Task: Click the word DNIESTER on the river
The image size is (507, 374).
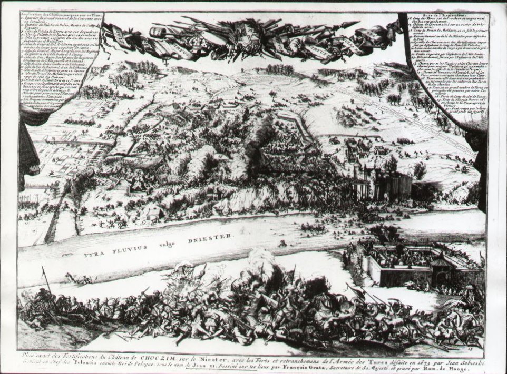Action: tap(211, 237)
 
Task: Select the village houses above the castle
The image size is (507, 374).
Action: tap(364, 150)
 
